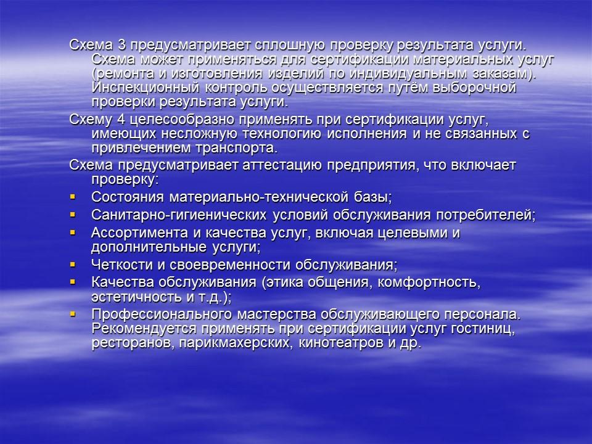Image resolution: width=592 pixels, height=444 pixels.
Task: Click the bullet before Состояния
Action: coord(73,197)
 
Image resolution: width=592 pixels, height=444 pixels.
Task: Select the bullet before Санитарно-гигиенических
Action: coord(73,215)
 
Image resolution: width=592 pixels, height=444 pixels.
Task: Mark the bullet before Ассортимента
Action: coord(73,232)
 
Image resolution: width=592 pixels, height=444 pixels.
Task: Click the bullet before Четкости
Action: coord(73,265)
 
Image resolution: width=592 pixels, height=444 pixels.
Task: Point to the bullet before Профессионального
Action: coord(73,314)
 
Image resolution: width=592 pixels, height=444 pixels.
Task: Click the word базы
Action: coord(369,198)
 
